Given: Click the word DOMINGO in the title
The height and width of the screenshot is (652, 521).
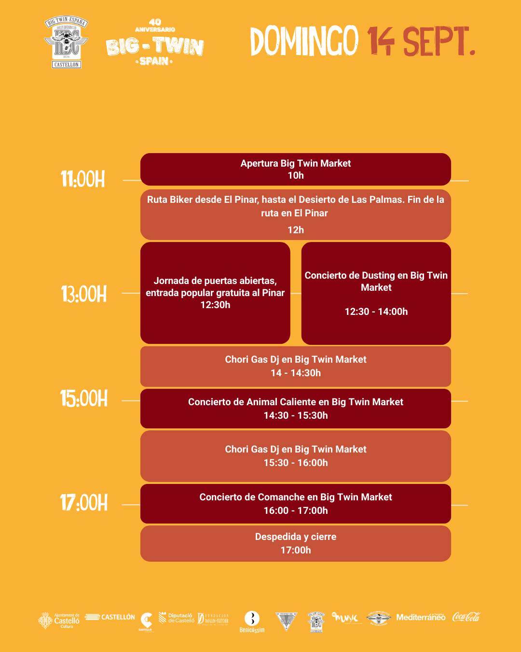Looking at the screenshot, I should (304, 41).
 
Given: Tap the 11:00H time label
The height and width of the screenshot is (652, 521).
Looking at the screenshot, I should (83, 180).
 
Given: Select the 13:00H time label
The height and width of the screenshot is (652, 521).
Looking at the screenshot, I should (84, 294).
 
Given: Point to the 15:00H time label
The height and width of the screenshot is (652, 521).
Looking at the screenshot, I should (84, 399).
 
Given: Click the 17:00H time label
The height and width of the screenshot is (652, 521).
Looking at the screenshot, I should (84, 503).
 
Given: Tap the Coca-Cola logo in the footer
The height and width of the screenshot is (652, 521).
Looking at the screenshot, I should (466, 617).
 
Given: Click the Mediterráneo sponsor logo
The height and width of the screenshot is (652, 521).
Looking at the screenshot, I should (421, 617).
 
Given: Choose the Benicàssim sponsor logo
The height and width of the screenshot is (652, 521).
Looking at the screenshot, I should (252, 621).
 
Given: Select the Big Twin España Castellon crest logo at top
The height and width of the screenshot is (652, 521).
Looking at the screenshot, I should (66, 43).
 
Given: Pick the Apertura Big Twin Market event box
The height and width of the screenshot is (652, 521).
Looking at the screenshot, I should (295, 169).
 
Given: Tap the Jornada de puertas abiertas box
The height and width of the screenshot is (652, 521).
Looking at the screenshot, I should (215, 293).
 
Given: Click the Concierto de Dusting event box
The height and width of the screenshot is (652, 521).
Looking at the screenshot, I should (376, 293).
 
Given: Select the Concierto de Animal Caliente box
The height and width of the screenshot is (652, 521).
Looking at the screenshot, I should (295, 409).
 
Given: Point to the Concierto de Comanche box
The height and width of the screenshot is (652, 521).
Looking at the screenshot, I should (295, 504).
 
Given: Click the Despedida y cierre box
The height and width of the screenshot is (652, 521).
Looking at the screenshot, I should (295, 543).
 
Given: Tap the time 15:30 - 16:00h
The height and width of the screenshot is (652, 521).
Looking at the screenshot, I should (295, 463).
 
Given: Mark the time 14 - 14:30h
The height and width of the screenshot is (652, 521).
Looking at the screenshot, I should (295, 373).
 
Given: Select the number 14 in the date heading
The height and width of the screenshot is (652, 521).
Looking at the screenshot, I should (381, 42).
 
